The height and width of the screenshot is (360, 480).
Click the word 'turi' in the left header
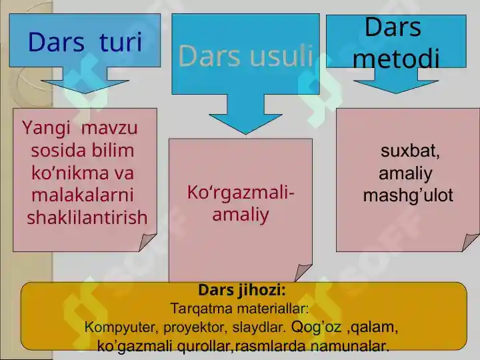coord(121,43)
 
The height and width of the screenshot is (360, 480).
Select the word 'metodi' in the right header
coord(396,59)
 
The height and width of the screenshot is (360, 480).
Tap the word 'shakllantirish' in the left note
coord(87,217)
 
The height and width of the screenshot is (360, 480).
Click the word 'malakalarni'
coord(83,195)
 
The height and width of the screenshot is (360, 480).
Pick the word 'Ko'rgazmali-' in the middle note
coord(241,193)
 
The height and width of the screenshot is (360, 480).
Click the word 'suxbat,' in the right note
coord(410,151)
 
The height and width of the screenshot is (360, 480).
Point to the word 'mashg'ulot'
coord(407,195)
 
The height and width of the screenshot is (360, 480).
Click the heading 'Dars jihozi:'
coord(242,291)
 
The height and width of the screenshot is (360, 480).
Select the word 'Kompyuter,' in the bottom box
coord(119,327)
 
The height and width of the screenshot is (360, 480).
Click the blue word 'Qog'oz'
coord(316,327)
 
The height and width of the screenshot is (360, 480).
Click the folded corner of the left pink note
coord(148,243)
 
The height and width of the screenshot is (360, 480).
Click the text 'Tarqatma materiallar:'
coord(239,309)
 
